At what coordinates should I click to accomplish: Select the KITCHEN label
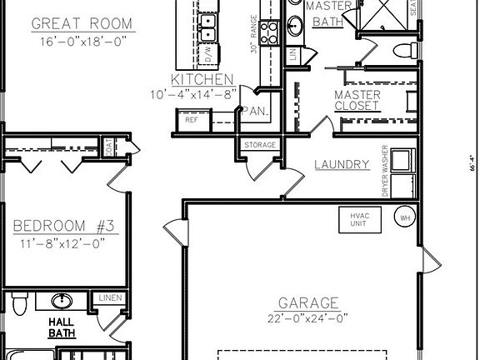point(202,79)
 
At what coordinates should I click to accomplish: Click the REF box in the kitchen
point(192,120)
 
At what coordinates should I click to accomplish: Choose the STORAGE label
point(259,145)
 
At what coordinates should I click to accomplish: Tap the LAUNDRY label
point(342,164)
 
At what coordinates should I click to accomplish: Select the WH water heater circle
point(406,218)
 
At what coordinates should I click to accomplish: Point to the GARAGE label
point(308,302)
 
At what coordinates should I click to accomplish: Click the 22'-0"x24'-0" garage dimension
point(308,317)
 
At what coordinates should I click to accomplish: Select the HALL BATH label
point(61,327)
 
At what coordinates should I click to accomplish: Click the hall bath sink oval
point(61,300)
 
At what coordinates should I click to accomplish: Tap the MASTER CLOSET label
point(357,100)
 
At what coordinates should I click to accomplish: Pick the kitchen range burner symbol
point(268,32)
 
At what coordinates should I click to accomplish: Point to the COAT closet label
point(108,147)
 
